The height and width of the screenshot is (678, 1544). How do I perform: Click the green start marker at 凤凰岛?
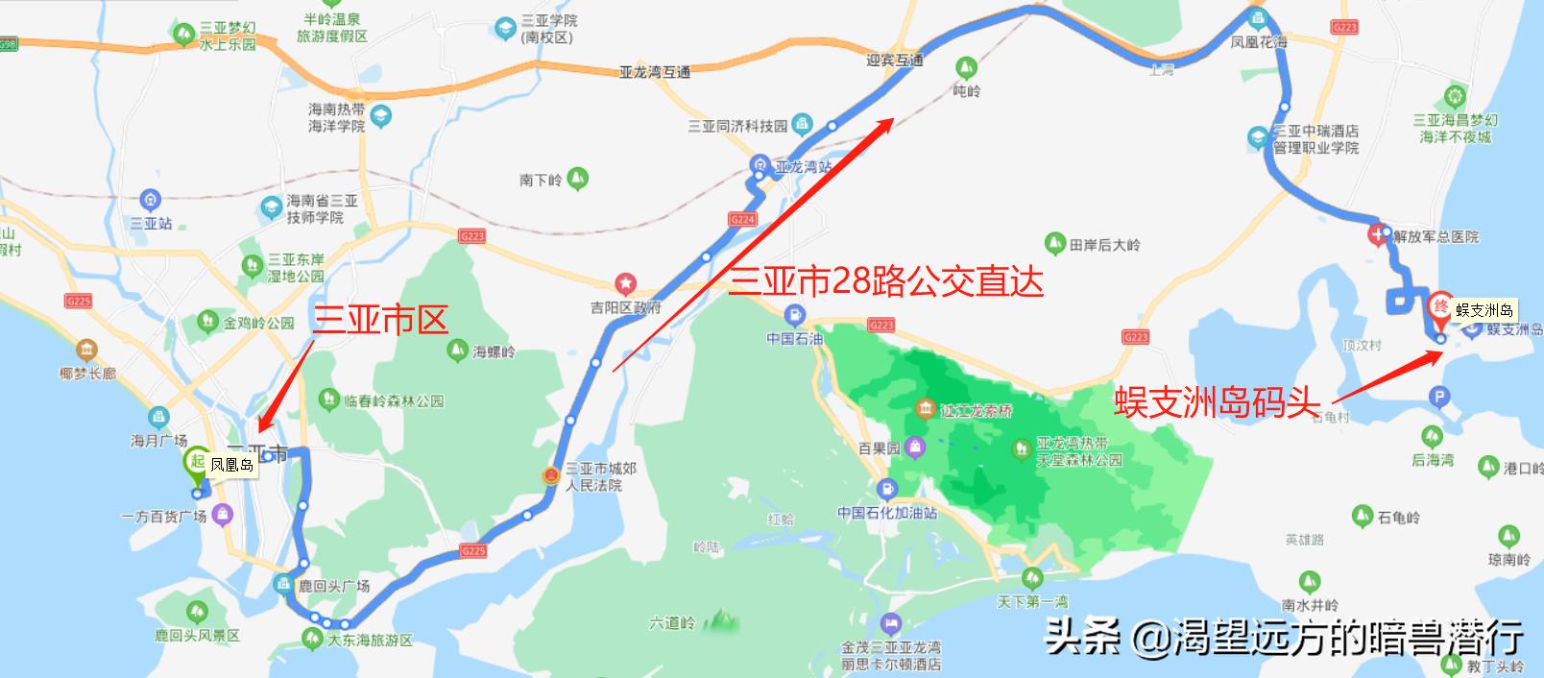tap(198, 462)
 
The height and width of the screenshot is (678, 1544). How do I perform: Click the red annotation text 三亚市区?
tap(380, 321)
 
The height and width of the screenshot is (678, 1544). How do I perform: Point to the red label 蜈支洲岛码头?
tap(1217, 402)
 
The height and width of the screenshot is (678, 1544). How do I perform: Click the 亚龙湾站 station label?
tap(803, 167)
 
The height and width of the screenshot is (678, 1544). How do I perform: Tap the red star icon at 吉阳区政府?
tap(626, 284)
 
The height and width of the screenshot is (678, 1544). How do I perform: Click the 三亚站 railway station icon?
tap(150, 200)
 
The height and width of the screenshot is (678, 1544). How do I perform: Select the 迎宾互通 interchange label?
tap(894, 61)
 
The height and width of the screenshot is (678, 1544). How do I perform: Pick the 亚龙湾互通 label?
tap(654, 72)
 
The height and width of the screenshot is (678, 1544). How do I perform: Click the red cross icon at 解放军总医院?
tap(1380, 234)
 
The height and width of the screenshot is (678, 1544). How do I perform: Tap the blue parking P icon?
tap(1438, 396)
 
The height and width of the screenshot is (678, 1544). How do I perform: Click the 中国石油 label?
tap(794, 338)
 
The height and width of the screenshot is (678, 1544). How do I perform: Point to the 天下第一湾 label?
tap(1032, 601)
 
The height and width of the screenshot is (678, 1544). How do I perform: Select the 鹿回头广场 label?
tap(333, 586)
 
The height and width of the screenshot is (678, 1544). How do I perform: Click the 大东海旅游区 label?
tap(370, 640)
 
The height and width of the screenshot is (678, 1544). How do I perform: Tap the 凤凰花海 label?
tap(1259, 43)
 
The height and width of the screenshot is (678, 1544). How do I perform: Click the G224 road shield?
tap(742, 220)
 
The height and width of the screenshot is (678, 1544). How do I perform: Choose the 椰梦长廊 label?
tap(87, 373)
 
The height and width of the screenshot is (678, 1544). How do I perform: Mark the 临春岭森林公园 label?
tap(394, 400)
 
